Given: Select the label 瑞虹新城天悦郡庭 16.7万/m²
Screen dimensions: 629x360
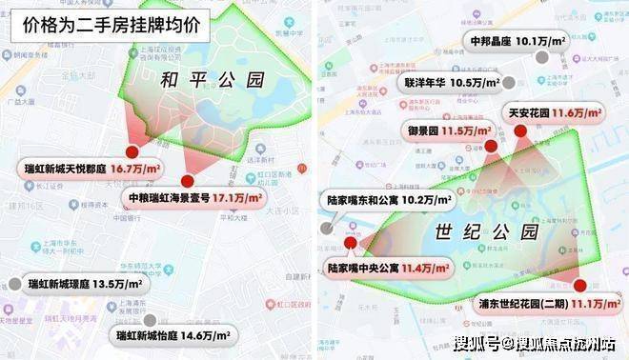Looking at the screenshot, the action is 91,168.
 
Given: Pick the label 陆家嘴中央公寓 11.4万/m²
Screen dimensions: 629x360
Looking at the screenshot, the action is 388,269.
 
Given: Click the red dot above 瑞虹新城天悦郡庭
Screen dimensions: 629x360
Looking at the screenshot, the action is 131,150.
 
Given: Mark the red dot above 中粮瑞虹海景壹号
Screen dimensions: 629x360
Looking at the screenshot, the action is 187,181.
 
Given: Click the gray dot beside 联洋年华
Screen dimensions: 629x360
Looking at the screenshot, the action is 512,83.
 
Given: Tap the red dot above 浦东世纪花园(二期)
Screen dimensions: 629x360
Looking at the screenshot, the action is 580,285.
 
